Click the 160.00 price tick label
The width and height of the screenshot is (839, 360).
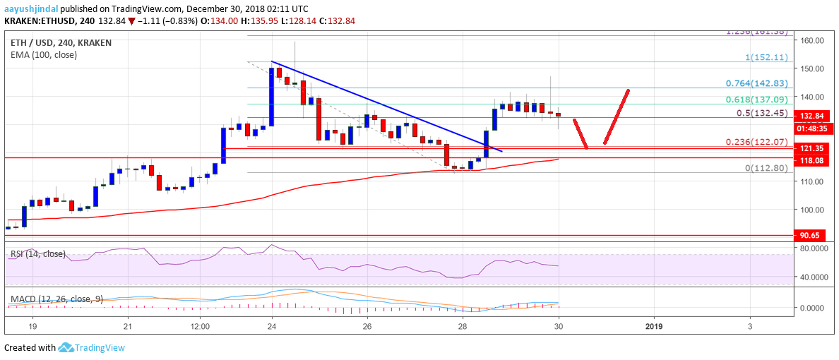tap(814, 40)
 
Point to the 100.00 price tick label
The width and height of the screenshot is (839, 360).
tap(814, 210)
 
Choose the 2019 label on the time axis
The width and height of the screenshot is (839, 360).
tap(654, 327)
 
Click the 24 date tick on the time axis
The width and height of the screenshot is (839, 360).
tap(271, 327)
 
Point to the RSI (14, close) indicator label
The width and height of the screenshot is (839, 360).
tap(36, 253)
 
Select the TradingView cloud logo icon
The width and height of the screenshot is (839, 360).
tap(66, 347)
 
